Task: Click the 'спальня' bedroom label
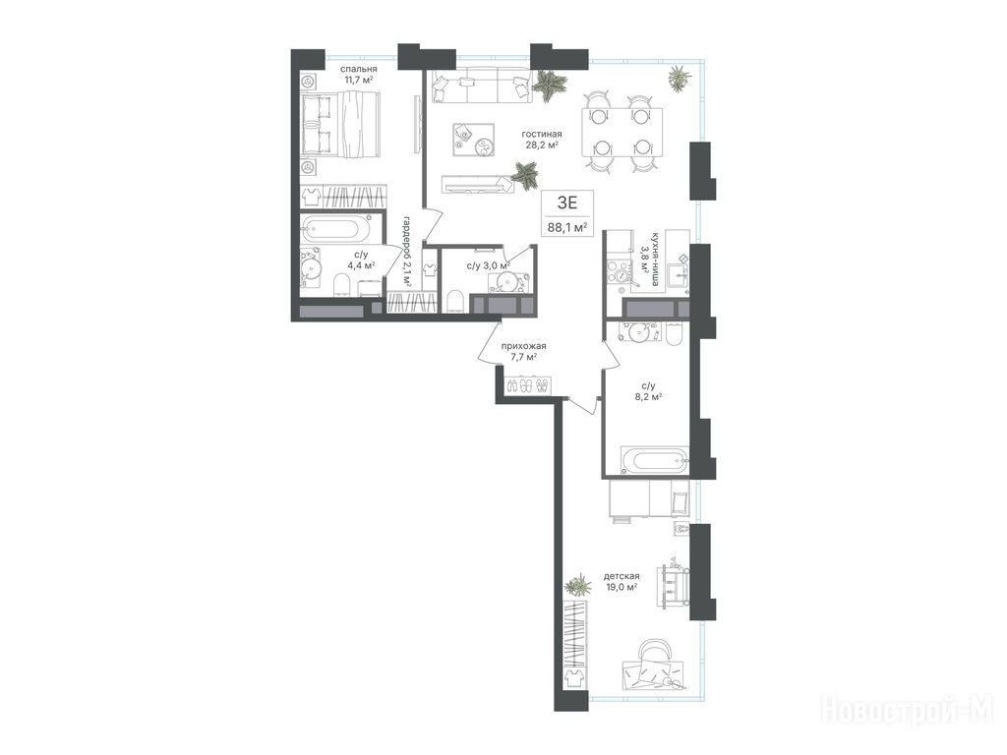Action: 358,70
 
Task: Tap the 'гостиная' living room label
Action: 542,134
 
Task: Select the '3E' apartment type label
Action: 567,203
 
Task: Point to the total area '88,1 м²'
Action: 567,227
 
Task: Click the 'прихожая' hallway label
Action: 523,346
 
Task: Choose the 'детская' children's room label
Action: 622,576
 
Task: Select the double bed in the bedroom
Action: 340,124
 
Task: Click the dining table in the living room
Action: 622,133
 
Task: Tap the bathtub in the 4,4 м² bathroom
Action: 336,229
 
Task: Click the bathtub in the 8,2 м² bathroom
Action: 654,461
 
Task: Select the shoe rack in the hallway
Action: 528,385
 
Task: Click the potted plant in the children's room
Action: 578,586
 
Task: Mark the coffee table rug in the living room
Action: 473,140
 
